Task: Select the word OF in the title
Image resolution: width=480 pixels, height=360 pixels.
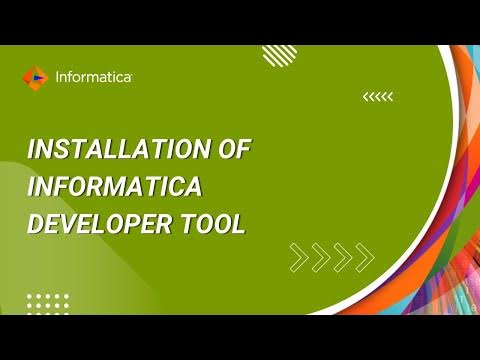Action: click(x=235, y=150)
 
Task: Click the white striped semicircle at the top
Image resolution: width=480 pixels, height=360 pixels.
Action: click(x=278, y=55)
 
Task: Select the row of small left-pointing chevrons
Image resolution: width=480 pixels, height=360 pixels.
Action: click(x=378, y=97)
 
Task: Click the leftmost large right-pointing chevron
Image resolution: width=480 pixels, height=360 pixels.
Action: click(x=298, y=257)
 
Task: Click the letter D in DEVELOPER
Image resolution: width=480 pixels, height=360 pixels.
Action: click(x=35, y=224)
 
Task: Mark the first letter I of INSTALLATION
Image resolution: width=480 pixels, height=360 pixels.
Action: click(x=31, y=150)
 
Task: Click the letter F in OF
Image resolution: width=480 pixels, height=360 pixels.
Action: click(x=244, y=150)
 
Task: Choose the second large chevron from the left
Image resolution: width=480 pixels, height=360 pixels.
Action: click(x=319, y=257)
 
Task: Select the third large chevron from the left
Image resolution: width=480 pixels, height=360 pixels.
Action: click(x=341, y=257)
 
